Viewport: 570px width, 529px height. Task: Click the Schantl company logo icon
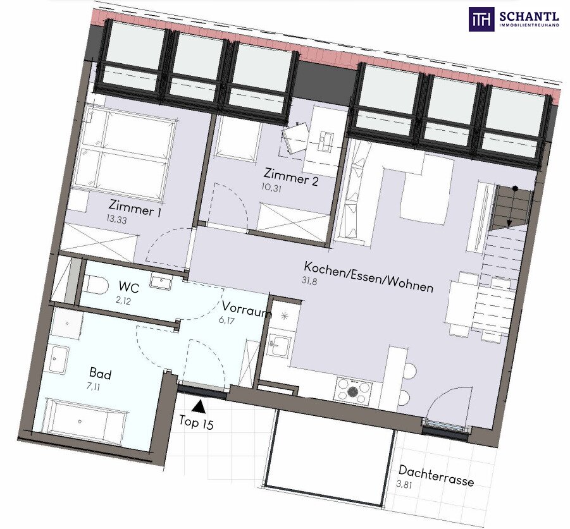click(x=481, y=19)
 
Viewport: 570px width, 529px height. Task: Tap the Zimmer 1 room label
click(x=135, y=208)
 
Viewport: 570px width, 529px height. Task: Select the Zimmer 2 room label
click(x=291, y=177)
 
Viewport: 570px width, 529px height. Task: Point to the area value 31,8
click(x=309, y=280)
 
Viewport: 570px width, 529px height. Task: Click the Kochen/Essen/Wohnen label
click(x=369, y=277)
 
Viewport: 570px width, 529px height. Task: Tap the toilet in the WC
click(x=96, y=284)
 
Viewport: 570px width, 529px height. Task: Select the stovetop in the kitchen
click(x=352, y=391)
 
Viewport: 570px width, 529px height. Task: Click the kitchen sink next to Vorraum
click(x=279, y=344)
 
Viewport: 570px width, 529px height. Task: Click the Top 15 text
click(x=196, y=423)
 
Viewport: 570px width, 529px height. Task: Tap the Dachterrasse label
click(x=437, y=476)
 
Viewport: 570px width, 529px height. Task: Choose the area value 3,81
click(x=404, y=484)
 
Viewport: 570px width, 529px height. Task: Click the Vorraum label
click(x=247, y=310)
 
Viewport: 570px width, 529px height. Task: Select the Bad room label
click(x=101, y=374)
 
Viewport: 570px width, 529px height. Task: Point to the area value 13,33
click(x=116, y=219)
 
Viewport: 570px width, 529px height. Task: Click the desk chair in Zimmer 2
click(x=295, y=138)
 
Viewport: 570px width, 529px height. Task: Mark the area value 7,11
click(x=93, y=386)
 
